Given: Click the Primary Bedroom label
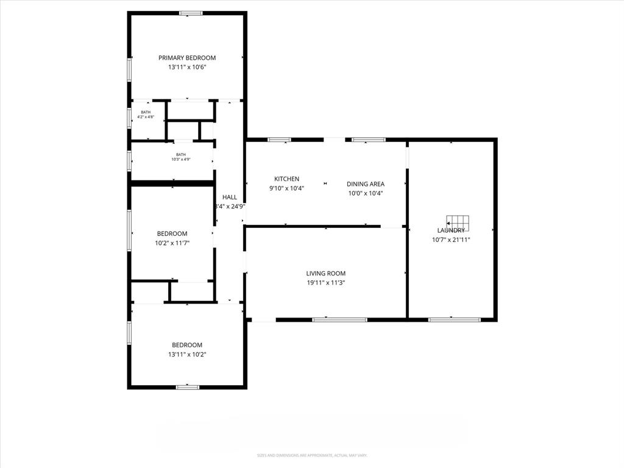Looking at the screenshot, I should coord(187,58).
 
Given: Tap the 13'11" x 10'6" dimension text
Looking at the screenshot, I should coord(187,67).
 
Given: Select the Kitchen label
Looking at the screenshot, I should coord(286,179).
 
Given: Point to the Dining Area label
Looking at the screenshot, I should coord(366,184).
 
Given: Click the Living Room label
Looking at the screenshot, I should coord(325,274).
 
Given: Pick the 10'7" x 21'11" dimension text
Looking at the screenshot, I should coord(451,239).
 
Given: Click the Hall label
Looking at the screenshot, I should coord(230,197).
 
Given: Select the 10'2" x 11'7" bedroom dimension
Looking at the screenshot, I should coord(172,243).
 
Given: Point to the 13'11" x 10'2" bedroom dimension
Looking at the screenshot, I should coord(187,354).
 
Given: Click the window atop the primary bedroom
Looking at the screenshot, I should coord(191,13).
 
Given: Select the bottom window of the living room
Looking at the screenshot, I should coord(339,319).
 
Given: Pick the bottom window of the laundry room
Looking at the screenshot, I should coord(454,319).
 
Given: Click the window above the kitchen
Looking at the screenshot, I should coord(279,140).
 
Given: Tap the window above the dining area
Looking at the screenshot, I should coord(368,140).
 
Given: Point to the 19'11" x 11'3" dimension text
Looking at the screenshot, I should coord(325,283).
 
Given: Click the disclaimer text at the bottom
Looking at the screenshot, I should coord(311,455).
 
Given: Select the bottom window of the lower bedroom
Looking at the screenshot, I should coord(188,387).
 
